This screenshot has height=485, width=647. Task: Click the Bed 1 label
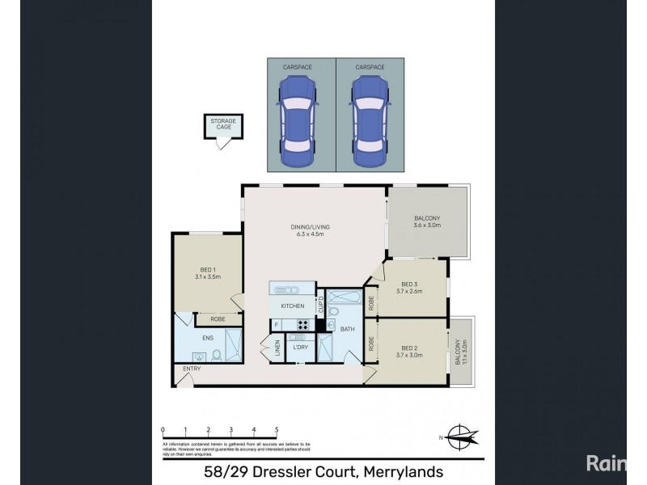[208, 272]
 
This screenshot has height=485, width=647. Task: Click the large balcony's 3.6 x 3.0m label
[428, 227]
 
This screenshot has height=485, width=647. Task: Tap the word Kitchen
[292, 306]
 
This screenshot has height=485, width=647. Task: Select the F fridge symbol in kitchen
[277, 326]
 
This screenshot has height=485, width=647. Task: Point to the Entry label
[192, 369]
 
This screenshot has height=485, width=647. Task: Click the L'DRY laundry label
[300, 347]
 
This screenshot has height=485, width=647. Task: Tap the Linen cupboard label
[277, 349]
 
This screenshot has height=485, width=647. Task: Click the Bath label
[348, 329]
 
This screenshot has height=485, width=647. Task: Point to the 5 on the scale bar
[277, 430]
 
